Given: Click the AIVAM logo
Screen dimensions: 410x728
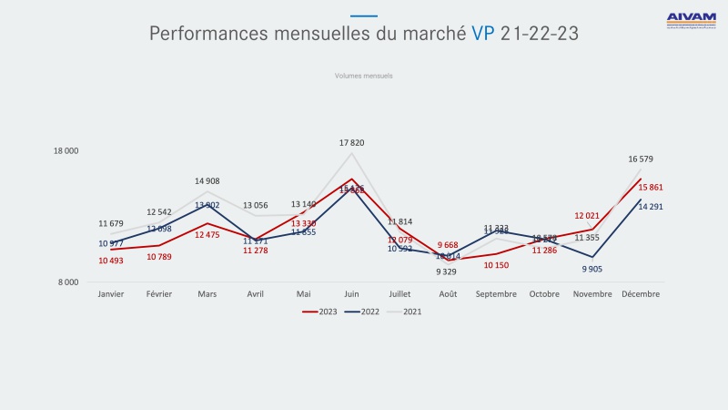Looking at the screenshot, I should pos(691,18).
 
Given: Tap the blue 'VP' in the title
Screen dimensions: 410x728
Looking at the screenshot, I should pos(483,35).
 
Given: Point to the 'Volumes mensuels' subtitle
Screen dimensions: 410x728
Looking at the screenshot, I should pos(363,77).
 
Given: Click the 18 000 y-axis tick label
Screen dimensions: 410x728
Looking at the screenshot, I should pos(66,151).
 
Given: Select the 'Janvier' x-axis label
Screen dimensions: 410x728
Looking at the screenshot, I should pos(111,294).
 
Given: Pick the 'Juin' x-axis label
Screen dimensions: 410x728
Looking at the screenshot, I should pos(351,294).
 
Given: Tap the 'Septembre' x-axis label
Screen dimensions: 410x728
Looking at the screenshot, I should pos(495,294).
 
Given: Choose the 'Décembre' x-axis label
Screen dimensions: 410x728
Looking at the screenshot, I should pos(641,294).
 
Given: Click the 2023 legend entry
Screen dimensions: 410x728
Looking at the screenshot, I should pos(319,312).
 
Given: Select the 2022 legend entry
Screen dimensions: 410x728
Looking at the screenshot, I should pos(364,312).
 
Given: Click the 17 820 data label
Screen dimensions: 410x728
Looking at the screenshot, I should pos(352,143).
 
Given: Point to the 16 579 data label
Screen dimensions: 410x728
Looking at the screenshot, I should pos(641,159).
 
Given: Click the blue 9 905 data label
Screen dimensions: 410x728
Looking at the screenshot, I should pos(592,269).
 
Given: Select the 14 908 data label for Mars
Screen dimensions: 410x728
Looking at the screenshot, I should pos(207,181).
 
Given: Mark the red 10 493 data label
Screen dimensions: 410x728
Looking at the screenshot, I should pos(111,261).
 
